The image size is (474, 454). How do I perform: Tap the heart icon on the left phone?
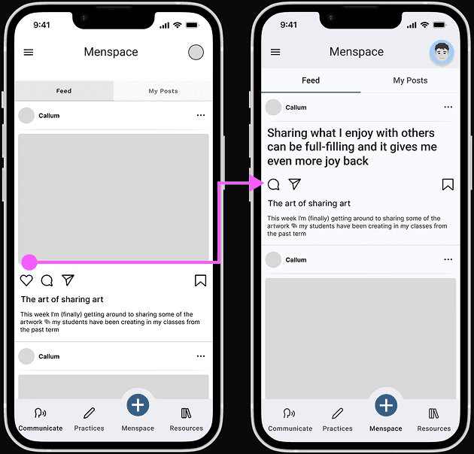26,280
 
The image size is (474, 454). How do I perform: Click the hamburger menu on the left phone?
29,53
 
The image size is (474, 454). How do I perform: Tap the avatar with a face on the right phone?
442,53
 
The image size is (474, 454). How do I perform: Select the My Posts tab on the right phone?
410,80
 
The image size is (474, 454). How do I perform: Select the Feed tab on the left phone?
64,91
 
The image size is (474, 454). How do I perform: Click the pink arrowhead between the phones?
257,183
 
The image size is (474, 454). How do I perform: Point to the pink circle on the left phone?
29,262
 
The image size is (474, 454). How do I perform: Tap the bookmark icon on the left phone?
200,280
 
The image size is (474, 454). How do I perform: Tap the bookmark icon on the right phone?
448,184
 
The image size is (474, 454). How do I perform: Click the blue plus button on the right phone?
386,405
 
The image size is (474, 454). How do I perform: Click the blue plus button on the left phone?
138,405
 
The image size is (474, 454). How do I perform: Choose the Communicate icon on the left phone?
40,413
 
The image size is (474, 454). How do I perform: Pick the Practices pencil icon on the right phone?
337,413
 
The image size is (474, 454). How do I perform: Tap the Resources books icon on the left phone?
186,413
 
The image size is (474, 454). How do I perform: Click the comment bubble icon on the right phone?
274,184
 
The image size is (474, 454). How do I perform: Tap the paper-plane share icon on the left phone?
68,280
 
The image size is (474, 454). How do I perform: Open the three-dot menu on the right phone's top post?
448,107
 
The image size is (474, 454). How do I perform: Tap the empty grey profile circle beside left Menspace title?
196,53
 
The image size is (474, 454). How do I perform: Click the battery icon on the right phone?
440,25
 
